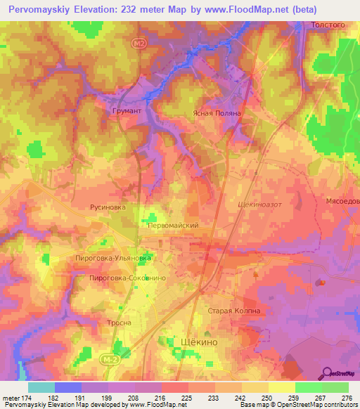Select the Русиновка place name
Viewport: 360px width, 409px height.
108,207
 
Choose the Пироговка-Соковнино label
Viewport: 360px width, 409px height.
127,278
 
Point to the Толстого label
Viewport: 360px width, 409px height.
327,25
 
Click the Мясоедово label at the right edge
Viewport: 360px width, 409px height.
342,200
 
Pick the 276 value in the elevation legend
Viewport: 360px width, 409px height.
347,397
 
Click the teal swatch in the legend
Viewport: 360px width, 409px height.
41,387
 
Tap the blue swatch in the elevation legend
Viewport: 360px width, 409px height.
67,387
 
